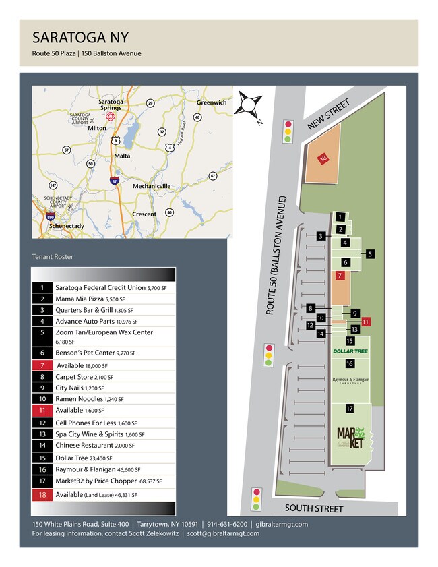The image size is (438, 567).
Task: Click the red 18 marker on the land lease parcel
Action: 323,158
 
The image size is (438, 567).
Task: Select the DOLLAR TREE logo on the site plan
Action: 350,351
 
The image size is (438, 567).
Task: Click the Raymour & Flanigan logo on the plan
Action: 350,380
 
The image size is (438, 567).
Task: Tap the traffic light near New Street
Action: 288,131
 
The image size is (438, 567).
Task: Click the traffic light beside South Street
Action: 255,499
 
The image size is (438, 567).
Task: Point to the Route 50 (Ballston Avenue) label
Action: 276,256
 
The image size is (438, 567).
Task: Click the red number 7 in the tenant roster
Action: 42,365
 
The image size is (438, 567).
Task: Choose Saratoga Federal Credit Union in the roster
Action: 100,287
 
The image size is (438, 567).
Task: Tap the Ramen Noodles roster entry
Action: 84,399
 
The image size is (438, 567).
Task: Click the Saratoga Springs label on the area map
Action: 111,105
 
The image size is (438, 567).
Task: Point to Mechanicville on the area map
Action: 151,185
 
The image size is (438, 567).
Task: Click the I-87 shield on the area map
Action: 115,181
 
